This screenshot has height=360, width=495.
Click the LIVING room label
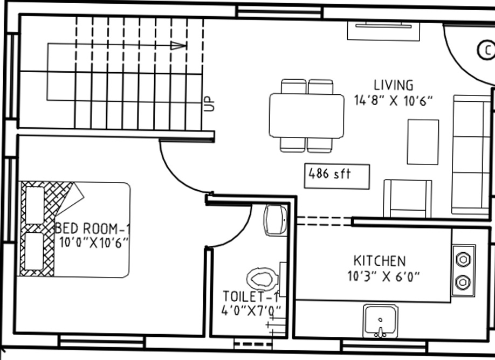point(394,85)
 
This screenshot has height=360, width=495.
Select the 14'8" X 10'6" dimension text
point(394,100)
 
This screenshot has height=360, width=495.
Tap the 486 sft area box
point(337,176)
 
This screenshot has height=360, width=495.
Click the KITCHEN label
point(380,261)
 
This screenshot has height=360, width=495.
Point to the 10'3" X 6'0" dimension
point(383,277)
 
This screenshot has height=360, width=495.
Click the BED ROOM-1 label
point(92,229)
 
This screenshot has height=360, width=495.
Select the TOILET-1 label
point(250,296)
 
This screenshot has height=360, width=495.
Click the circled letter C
point(486,51)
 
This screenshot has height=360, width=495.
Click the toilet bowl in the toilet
point(262,279)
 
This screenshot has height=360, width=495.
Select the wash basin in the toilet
point(276,220)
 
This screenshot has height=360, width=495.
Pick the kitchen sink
point(380,321)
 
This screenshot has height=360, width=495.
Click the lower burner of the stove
point(463,282)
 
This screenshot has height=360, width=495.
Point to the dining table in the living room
point(307,116)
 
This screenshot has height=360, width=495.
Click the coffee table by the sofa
point(423,142)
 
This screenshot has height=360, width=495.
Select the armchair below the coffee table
point(408,198)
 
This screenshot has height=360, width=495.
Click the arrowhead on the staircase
point(178,45)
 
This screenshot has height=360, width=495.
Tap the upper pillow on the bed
point(35,205)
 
